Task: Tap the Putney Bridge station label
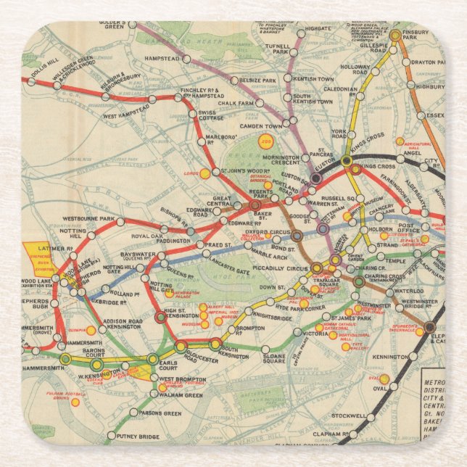[x=139, y=436]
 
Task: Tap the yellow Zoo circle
[x=266, y=141]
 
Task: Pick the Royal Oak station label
[x=147, y=236]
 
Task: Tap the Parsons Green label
[x=160, y=413]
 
